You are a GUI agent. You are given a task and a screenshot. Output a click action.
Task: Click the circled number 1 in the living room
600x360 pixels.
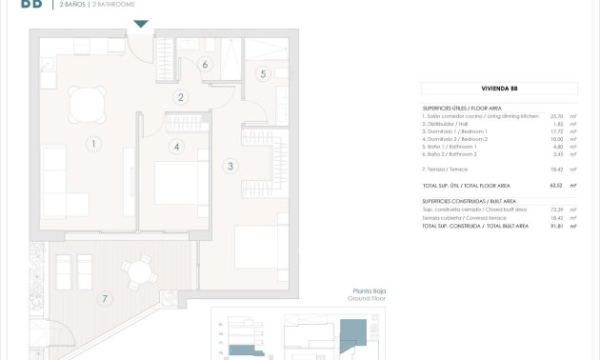93,145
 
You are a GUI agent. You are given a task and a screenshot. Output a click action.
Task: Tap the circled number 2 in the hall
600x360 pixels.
181,97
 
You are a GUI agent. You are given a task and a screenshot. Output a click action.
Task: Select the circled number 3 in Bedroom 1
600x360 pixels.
230,167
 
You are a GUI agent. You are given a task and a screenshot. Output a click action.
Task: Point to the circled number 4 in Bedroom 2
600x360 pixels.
176,147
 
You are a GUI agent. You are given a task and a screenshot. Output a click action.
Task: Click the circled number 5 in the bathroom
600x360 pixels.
263,73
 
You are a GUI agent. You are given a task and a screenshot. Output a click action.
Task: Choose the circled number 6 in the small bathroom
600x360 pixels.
205,65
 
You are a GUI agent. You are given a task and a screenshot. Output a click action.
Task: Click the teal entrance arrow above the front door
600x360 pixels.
140,24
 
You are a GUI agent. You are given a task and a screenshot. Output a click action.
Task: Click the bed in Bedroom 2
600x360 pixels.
181,185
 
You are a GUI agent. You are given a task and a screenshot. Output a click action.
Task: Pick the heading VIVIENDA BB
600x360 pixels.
499,89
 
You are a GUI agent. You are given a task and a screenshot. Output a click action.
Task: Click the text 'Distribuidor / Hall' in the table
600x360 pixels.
450,124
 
